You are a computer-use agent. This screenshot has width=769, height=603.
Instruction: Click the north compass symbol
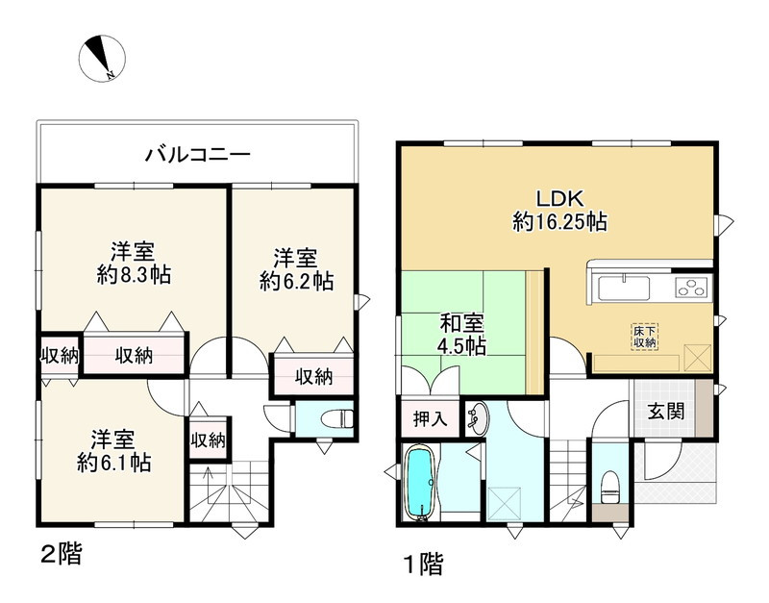[100, 57]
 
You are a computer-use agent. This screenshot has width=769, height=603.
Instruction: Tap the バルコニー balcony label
[198, 154]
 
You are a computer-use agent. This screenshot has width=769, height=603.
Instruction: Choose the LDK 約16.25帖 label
[558, 211]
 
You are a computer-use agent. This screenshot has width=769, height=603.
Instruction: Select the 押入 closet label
[429, 418]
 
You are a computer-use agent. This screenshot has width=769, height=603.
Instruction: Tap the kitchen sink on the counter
[623, 287]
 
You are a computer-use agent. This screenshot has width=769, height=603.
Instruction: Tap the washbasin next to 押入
[478, 416]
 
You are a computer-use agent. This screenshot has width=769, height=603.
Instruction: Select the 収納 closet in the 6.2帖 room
[313, 376]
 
